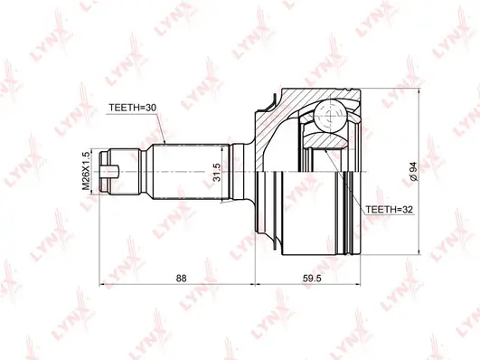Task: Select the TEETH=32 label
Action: coord(390,209)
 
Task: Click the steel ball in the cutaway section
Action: coord(325,116)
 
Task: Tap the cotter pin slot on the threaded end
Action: coord(109,169)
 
